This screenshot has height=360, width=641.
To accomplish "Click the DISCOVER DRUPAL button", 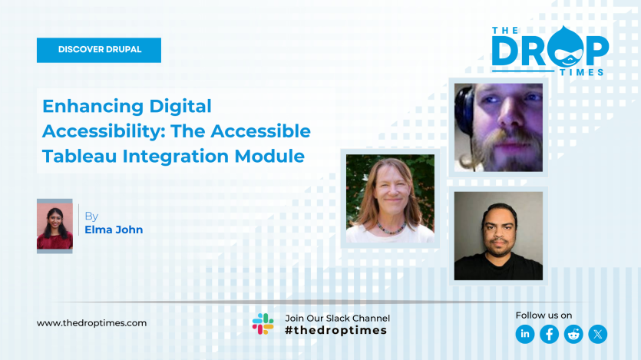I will click(x=99, y=50).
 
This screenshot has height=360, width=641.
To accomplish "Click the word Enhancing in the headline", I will click(x=93, y=106).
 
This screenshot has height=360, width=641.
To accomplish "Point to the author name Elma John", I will click(x=114, y=230).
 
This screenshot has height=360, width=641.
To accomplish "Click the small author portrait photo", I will click(x=55, y=226).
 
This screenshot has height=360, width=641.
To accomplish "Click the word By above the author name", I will click(x=91, y=216).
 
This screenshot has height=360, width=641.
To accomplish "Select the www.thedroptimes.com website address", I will click(x=91, y=323).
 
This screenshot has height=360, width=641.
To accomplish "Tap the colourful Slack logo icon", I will click(x=263, y=324).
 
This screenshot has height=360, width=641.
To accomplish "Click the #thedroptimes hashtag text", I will click(x=335, y=331).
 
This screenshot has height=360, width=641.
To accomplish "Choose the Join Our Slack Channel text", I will click(x=337, y=318).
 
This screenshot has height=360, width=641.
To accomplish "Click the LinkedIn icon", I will click(x=525, y=334).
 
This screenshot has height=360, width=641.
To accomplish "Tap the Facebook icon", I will click(x=549, y=334).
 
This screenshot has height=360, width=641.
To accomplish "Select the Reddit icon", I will click(x=573, y=334).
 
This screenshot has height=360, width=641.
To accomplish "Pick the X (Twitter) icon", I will click(x=597, y=334).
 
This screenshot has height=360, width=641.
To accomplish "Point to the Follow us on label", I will click(x=544, y=315).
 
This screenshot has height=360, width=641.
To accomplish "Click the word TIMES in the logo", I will click(x=581, y=71).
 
